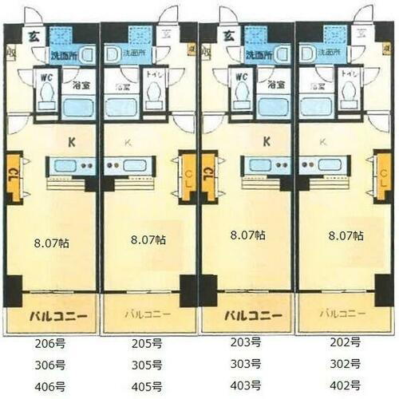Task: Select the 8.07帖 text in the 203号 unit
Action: (247, 236)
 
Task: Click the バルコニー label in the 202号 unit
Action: (343, 314)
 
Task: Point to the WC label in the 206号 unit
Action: (45, 77)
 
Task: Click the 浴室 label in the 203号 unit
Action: (275, 84)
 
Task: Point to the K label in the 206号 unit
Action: (71, 143)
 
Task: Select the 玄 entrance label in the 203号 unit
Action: (227, 35)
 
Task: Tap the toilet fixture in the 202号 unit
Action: (349, 94)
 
